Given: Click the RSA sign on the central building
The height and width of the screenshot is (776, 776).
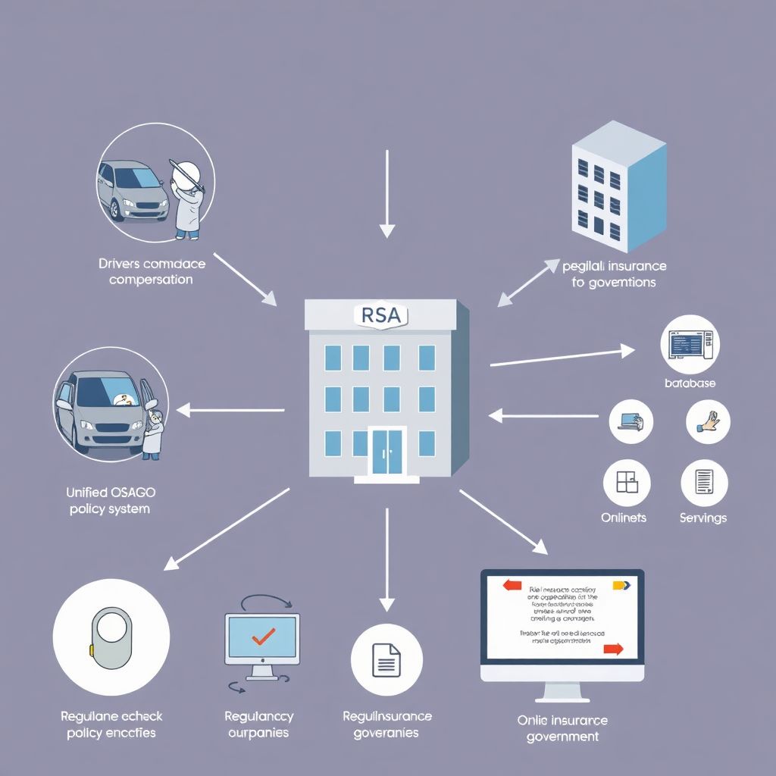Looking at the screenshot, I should click(x=381, y=314).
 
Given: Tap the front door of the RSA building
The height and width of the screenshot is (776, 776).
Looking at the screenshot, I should click(x=386, y=452).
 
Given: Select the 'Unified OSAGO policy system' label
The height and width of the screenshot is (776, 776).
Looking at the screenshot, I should click(x=109, y=500).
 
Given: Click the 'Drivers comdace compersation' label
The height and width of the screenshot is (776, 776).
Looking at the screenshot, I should click(x=151, y=271).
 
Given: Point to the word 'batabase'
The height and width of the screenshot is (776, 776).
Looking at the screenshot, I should click(x=690, y=383).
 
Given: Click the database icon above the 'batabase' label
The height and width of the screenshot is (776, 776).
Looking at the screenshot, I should click(x=690, y=345).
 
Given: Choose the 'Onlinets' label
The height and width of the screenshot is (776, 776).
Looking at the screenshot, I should click(x=623, y=518).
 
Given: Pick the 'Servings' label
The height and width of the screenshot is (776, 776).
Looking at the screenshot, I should click(x=702, y=518).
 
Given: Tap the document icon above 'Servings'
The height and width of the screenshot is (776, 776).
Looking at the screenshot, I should click(x=704, y=483).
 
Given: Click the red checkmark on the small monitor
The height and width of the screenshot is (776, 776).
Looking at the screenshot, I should click(x=262, y=636).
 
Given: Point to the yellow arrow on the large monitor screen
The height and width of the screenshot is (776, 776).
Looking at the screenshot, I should click(x=621, y=584).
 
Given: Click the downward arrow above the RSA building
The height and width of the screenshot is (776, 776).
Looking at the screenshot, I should click(x=387, y=193).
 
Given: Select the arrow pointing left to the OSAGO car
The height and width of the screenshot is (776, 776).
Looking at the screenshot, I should click(x=230, y=411).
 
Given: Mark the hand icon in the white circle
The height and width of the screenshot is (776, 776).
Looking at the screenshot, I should click(x=708, y=421).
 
